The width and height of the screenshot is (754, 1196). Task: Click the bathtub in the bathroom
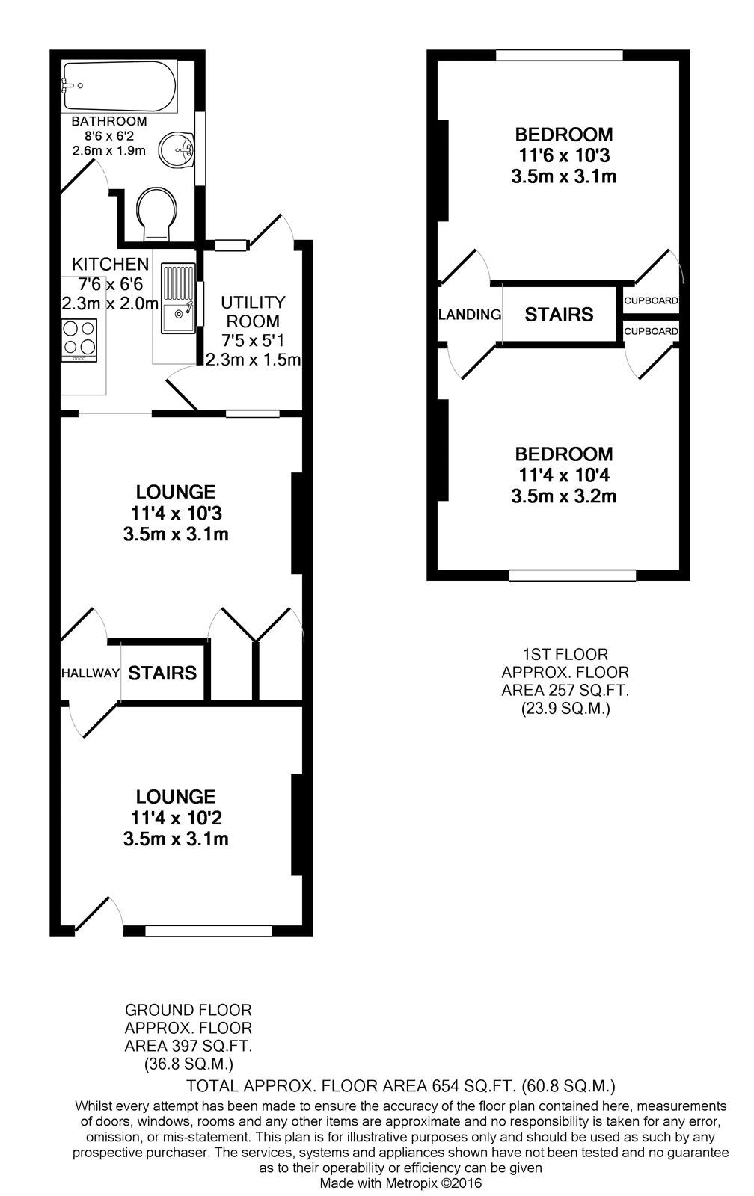(120, 86)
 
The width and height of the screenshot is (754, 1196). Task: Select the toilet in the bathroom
(157, 210)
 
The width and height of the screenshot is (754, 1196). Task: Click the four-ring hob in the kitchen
(79, 339)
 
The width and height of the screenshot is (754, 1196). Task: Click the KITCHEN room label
(110, 264)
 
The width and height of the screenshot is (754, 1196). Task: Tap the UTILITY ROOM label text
(253, 312)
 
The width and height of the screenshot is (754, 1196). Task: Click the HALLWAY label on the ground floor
(90, 673)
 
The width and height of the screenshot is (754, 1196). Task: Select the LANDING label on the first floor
(470, 315)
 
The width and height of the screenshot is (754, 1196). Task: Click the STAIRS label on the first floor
(559, 315)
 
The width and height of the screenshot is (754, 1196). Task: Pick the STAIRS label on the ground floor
(162, 673)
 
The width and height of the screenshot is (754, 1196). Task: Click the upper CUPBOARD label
(651, 300)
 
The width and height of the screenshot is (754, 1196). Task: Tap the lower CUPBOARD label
(651, 331)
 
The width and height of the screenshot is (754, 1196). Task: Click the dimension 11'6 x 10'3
(563, 156)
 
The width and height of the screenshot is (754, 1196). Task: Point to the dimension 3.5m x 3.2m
(563, 496)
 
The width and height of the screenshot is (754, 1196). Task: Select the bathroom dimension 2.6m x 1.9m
(108, 150)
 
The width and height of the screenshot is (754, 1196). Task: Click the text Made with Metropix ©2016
(401, 1183)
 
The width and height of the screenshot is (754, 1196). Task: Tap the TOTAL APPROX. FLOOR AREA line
(401, 1085)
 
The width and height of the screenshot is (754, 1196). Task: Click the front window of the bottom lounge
(209, 931)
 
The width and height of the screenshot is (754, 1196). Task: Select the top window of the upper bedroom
(560, 55)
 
